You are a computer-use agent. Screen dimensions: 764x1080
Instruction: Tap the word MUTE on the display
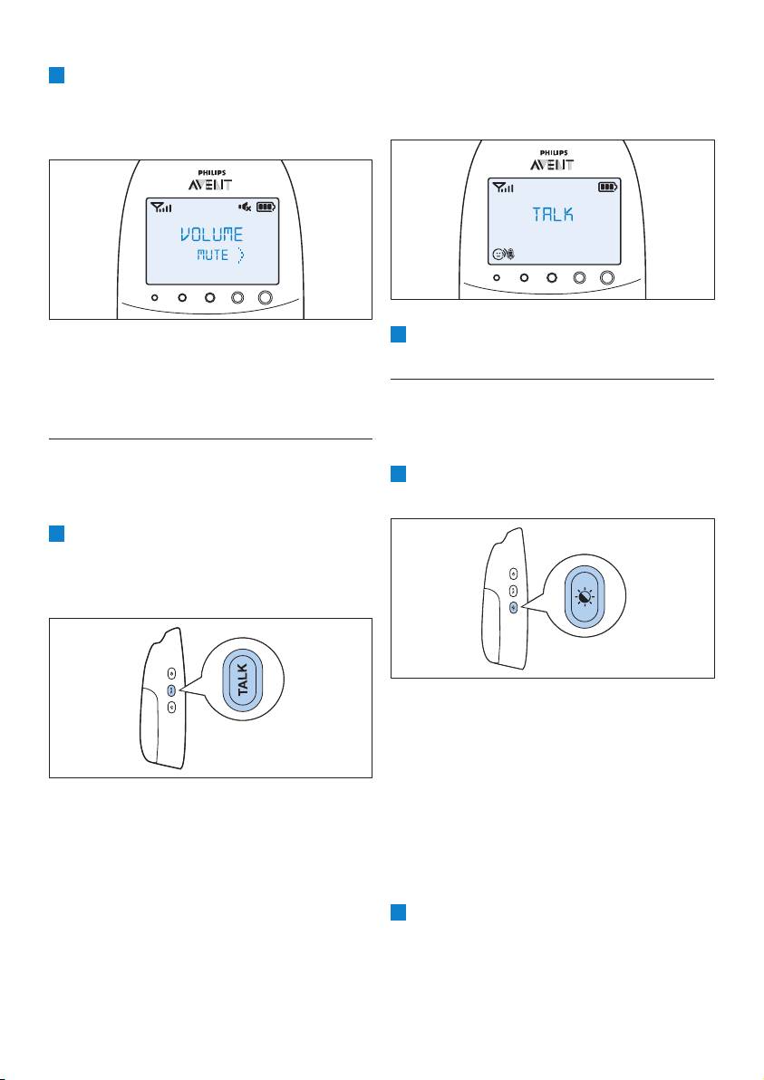(213, 256)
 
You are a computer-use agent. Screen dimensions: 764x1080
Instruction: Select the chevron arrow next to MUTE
(241, 256)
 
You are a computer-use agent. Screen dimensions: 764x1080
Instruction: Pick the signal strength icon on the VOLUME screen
(160, 208)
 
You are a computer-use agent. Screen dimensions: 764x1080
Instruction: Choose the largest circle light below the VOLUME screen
(266, 297)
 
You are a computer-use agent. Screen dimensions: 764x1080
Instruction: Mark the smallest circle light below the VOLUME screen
(156, 297)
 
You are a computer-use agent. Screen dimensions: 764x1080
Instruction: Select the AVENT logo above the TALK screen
(553, 164)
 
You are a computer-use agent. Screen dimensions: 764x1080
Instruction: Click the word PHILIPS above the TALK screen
(553, 152)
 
